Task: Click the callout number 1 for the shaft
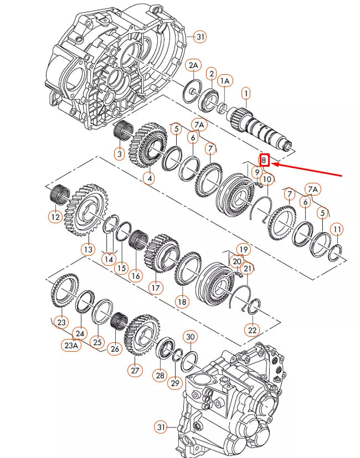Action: coord(245,94)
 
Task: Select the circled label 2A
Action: coord(193,66)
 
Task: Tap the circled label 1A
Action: coord(225,81)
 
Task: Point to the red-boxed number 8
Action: coord(265,161)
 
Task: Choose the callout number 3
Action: coord(119,154)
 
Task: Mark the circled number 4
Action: coord(148,178)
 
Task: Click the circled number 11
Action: coord(336,229)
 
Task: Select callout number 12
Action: coord(55,218)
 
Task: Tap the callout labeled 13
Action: coord(88,250)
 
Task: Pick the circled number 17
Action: coord(155,288)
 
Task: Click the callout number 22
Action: coord(252,330)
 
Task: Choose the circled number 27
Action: coord(135,370)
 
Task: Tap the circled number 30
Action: coord(190,337)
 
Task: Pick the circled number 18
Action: coord(182,302)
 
